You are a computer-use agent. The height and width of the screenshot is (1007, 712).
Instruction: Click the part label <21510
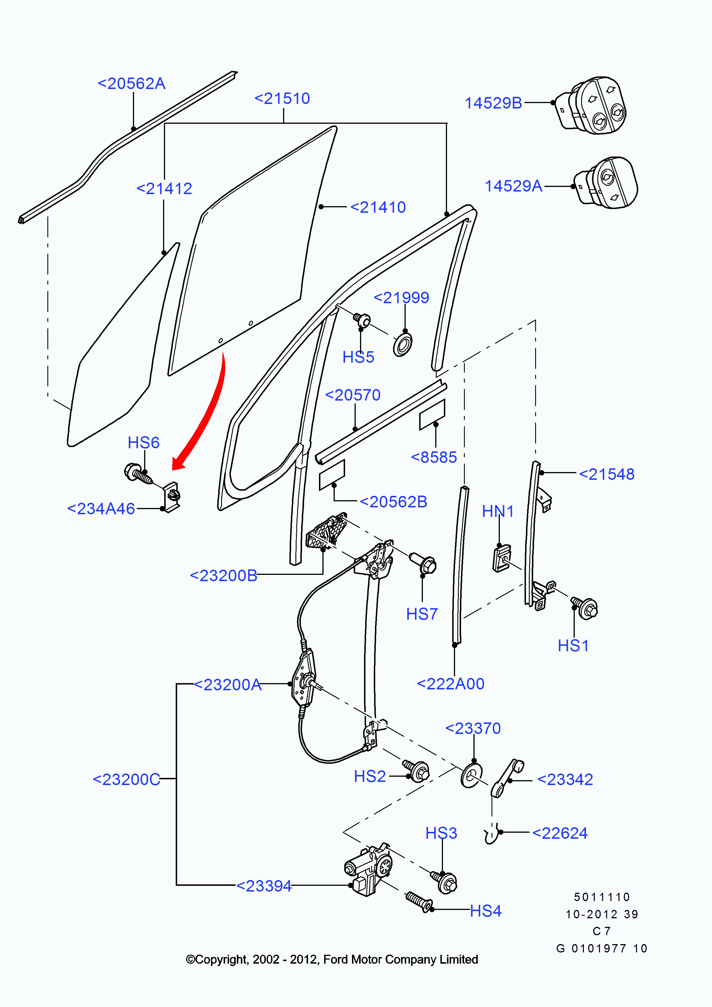(282, 99)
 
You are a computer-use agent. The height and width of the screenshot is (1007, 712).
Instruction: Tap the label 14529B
(493, 103)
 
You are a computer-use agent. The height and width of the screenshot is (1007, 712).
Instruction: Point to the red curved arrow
(206, 417)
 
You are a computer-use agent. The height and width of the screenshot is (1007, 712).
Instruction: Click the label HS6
(143, 442)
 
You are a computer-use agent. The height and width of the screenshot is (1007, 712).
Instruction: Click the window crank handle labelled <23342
(507, 778)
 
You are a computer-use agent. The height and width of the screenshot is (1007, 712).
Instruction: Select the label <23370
(473, 728)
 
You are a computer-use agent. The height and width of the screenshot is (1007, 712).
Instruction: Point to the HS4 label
(485, 911)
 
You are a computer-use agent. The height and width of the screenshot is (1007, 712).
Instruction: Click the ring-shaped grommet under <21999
(403, 345)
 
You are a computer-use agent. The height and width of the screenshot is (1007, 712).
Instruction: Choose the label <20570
(353, 395)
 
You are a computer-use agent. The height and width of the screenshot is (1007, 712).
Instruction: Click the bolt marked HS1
(586, 608)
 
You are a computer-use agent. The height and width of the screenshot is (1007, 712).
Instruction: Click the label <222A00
(451, 684)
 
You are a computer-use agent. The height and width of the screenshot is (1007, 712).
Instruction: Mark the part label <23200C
(126, 779)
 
